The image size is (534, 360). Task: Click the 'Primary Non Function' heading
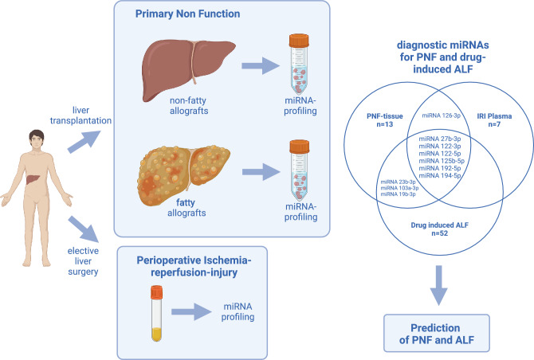coord(187,14)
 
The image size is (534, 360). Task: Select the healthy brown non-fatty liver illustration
coord(188,68)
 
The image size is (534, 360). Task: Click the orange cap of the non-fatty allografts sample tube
coord(299,41)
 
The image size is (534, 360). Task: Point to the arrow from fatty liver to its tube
coord(261,172)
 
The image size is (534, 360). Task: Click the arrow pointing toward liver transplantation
coord(84,142)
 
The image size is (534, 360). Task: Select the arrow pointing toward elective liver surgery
coord(84,229)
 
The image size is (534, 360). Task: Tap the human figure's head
coord(37,139)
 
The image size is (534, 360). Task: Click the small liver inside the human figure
coord(33,178)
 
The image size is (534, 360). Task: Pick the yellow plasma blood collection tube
coord(157,313)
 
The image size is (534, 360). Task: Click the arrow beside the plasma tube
coord(191,311)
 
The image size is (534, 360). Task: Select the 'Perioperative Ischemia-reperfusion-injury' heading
coord(194,267)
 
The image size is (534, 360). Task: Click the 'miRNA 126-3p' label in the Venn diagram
coord(441,115)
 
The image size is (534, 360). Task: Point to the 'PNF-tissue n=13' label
coord(384,120)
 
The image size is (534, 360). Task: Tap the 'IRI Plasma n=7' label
coord(494,120)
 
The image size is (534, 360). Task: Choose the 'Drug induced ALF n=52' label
coord(439,229)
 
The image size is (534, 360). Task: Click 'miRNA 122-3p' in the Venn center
coord(440,147)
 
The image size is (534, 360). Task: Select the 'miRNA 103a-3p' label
coord(399,188)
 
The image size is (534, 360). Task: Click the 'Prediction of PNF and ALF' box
coord(437,333)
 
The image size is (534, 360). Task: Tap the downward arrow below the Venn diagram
coord(439,285)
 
